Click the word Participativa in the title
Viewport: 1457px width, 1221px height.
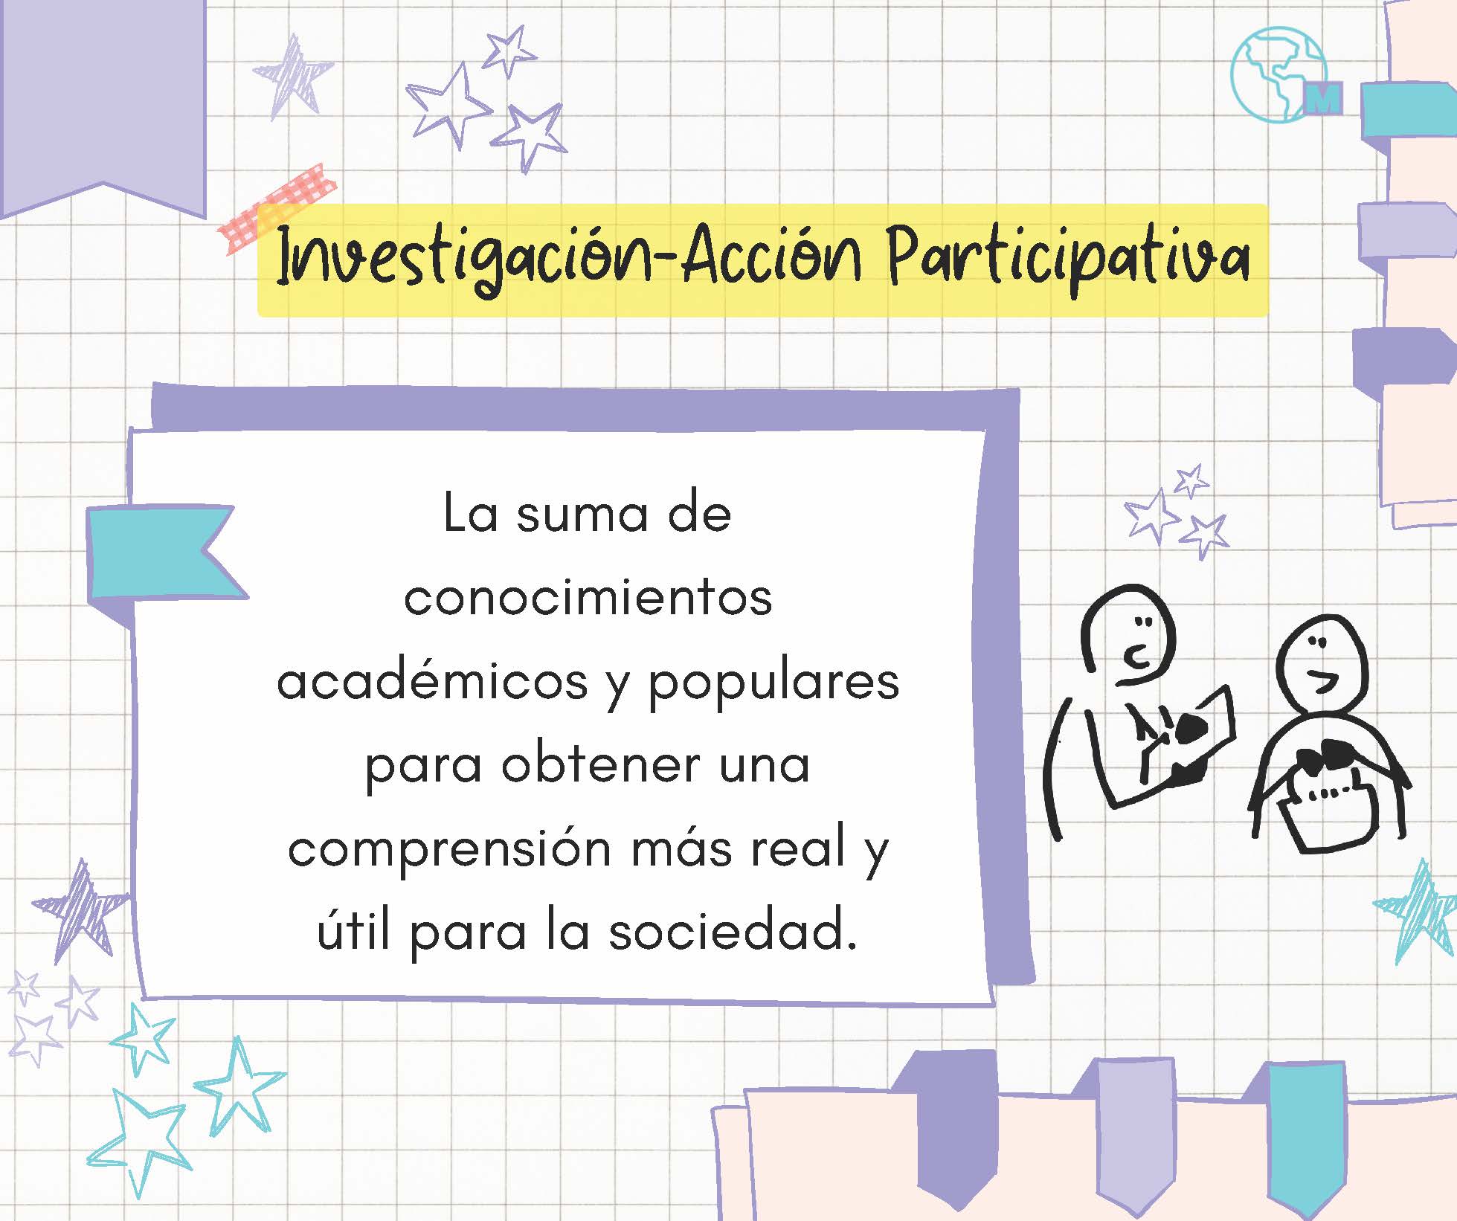(1069, 258)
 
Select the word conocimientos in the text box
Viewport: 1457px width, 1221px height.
(588, 598)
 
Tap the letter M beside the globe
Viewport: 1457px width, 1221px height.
(1324, 97)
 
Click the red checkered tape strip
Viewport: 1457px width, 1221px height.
(277, 208)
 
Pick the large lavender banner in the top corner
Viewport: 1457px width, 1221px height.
(103, 109)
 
